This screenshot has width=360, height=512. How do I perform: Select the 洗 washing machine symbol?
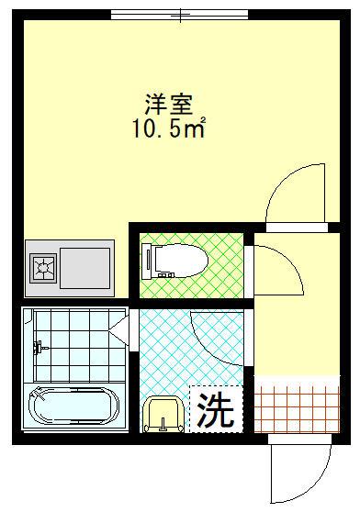(217, 409)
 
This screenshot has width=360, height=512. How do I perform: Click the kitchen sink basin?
(85, 266)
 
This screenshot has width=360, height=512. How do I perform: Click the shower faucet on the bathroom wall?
(39, 347)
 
